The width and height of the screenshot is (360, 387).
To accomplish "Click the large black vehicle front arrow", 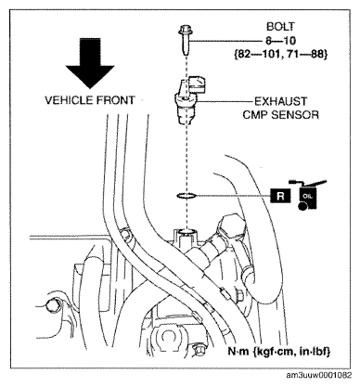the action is (90, 62).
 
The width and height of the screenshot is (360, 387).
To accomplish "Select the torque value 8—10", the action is (281, 41).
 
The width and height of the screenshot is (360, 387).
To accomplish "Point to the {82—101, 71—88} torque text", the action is (280, 55).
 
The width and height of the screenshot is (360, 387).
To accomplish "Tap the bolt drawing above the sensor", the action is (185, 40).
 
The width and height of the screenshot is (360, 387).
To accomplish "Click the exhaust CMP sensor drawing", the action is (187, 99).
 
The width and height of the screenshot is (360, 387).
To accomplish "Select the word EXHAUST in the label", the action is (280, 101).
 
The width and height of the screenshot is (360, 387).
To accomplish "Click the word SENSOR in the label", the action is (295, 115).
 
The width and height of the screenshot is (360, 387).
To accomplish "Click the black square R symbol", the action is (280, 196).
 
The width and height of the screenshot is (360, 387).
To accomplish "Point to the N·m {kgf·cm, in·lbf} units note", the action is (279, 352).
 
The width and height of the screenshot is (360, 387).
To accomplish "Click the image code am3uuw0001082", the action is (319, 376).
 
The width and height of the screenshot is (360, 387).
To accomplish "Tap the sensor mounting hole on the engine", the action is (186, 232).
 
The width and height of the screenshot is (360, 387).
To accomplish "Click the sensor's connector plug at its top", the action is (197, 84).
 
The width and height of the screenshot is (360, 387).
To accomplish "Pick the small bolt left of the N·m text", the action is (198, 350).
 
